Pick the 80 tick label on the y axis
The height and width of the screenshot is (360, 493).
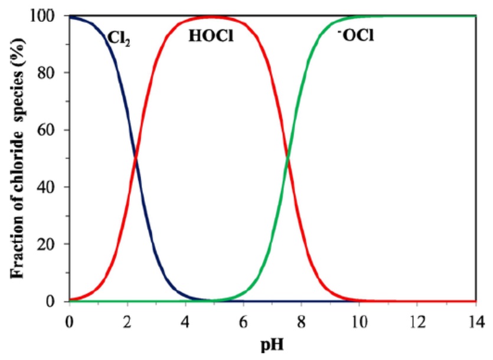tap(51, 73)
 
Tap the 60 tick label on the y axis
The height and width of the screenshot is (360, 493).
tap(51, 130)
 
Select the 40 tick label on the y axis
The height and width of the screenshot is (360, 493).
tap(51, 187)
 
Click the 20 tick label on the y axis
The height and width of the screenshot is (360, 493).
tap(51, 244)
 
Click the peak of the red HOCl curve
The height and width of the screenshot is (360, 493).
tap(213, 17)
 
